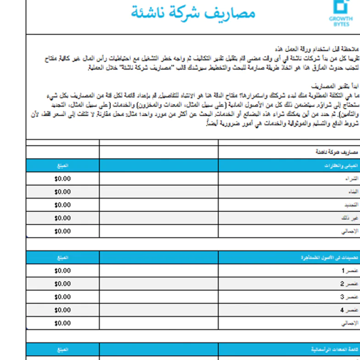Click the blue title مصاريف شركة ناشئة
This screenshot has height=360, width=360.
[x=193, y=13]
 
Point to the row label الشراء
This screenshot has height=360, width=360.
[x=351, y=178]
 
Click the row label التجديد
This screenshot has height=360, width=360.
[x=350, y=205]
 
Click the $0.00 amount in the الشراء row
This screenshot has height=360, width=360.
[x=62, y=178]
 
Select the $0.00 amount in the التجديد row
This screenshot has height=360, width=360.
[x=62, y=205]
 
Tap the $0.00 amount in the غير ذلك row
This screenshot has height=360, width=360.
[x=62, y=218]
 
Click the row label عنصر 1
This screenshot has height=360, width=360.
[x=348, y=271]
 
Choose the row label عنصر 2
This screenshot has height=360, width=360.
[x=348, y=284]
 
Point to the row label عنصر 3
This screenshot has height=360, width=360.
[x=348, y=297]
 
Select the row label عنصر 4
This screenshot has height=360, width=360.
[x=348, y=310]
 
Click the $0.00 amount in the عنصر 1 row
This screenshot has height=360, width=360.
[x=62, y=271]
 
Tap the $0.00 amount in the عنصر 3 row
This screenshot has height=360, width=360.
[x=62, y=297]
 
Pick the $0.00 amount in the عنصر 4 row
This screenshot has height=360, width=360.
[x=62, y=310]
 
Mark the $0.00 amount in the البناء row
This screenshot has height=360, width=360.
[x=62, y=192]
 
